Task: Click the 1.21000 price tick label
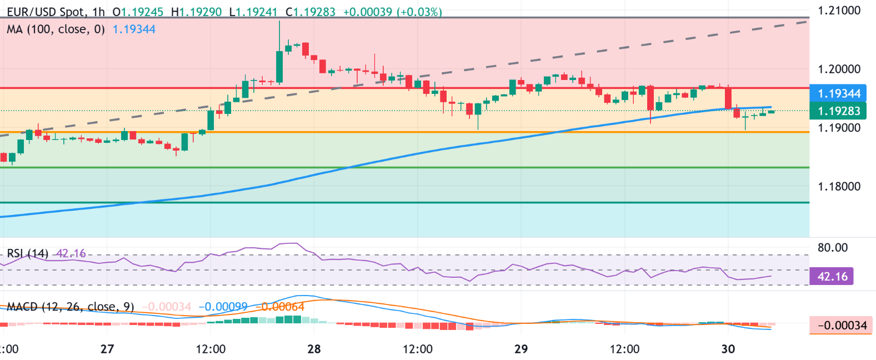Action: point(839,11)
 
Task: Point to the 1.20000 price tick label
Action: point(839,69)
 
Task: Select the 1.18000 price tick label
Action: point(839,186)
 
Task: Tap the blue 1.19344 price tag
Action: point(839,93)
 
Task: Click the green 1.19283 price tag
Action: point(839,111)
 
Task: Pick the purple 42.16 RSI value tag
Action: point(832,276)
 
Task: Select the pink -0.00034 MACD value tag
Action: point(842,325)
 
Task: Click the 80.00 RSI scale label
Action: point(833,247)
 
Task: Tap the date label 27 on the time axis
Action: point(107,349)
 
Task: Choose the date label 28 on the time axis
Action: point(314,349)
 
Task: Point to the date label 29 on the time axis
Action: point(520,349)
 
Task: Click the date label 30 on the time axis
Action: point(728,349)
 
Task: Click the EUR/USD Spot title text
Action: point(47,12)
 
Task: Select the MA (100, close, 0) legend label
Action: point(56,29)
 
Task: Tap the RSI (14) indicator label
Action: point(28,254)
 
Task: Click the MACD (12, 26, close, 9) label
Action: point(70,307)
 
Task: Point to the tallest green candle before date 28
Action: point(279,67)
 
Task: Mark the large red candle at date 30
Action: point(728,98)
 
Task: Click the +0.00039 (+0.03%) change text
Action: point(392,12)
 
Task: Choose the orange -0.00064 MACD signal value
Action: point(283,307)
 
